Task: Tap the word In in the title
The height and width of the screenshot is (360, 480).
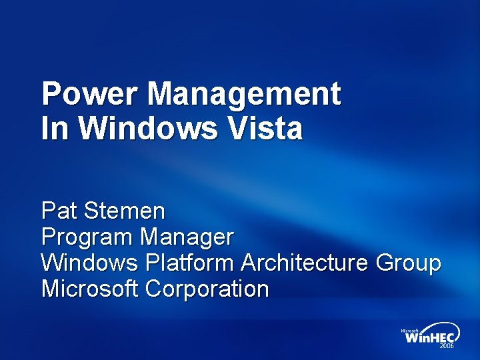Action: pyautogui.click(x=55, y=127)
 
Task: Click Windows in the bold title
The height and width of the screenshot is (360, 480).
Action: pyautogui.click(x=148, y=127)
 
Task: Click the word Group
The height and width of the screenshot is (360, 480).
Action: pyautogui.click(x=408, y=263)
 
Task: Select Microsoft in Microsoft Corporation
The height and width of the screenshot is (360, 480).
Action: pyautogui.click(x=89, y=289)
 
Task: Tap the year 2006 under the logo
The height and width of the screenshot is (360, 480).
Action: pyautogui.click(x=446, y=347)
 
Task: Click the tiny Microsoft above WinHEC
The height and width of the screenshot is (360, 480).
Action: pyautogui.click(x=409, y=329)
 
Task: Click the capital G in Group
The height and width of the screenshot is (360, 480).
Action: pyautogui.click(x=386, y=263)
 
